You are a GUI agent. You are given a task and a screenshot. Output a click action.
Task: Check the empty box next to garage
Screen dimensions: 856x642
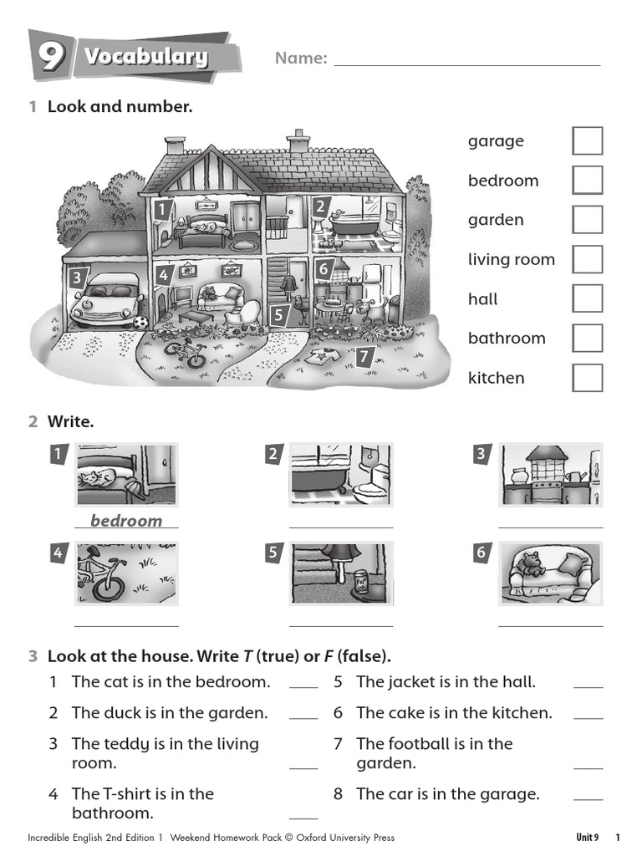pyautogui.click(x=587, y=141)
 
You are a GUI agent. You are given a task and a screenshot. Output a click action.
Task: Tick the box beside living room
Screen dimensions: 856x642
pyautogui.click(x=587, y=259)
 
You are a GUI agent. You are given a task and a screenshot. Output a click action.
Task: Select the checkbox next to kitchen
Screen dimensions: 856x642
pyautogui.click(x=587, y=378)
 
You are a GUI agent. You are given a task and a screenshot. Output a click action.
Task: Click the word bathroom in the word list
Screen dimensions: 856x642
pyautogui.click(x=507, y=339)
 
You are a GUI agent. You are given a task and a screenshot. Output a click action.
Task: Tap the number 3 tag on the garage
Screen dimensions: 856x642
pyautogui.click(x=77, y=278)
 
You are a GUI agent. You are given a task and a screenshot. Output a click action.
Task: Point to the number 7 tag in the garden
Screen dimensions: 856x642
pyautogui.click(x=363, y=358)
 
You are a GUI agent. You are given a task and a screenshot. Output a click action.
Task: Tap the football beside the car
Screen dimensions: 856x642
pyautogui.click(x=140, y=321)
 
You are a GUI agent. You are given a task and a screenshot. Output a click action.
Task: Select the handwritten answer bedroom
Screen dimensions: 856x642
pyautogui.click(x=126, y=521)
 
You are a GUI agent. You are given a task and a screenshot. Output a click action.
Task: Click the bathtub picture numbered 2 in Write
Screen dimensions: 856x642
pyautogui.click(x=341, y=475)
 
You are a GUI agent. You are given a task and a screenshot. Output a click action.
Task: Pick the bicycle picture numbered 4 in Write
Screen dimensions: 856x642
pyautogui.click(x=126, y=573)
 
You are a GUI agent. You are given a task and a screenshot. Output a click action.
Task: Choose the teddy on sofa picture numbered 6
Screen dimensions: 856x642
pyautogui.click(x=550, y=573)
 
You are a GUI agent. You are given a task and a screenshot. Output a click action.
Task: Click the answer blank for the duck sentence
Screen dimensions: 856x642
pyautogui.click(x=303, y=716)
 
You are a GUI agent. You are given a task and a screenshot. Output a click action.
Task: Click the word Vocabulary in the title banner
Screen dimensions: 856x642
pyautogui.click(x=145, y=57)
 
